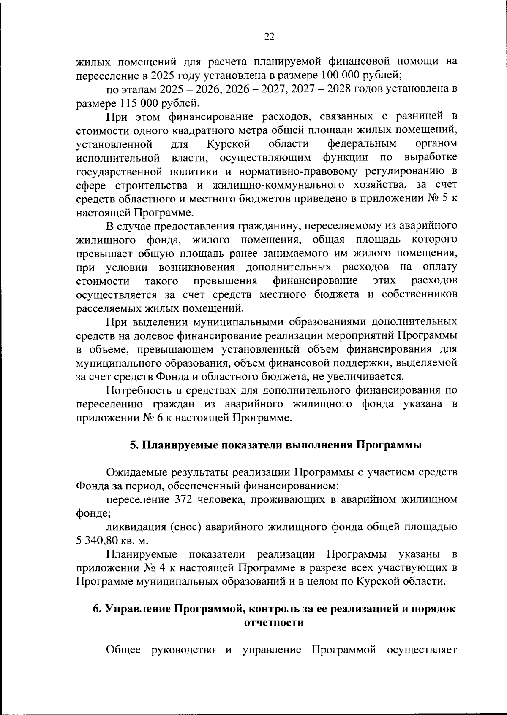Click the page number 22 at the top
pyautogui.click(x=269, y=37)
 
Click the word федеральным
pyautogui.click(x=362, y=144)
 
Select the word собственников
pyautogui.click(x=419, y=294)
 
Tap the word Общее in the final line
pyautogui.click(x=123, y=650)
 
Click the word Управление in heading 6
pyautogui.click(x=137, y=609)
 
